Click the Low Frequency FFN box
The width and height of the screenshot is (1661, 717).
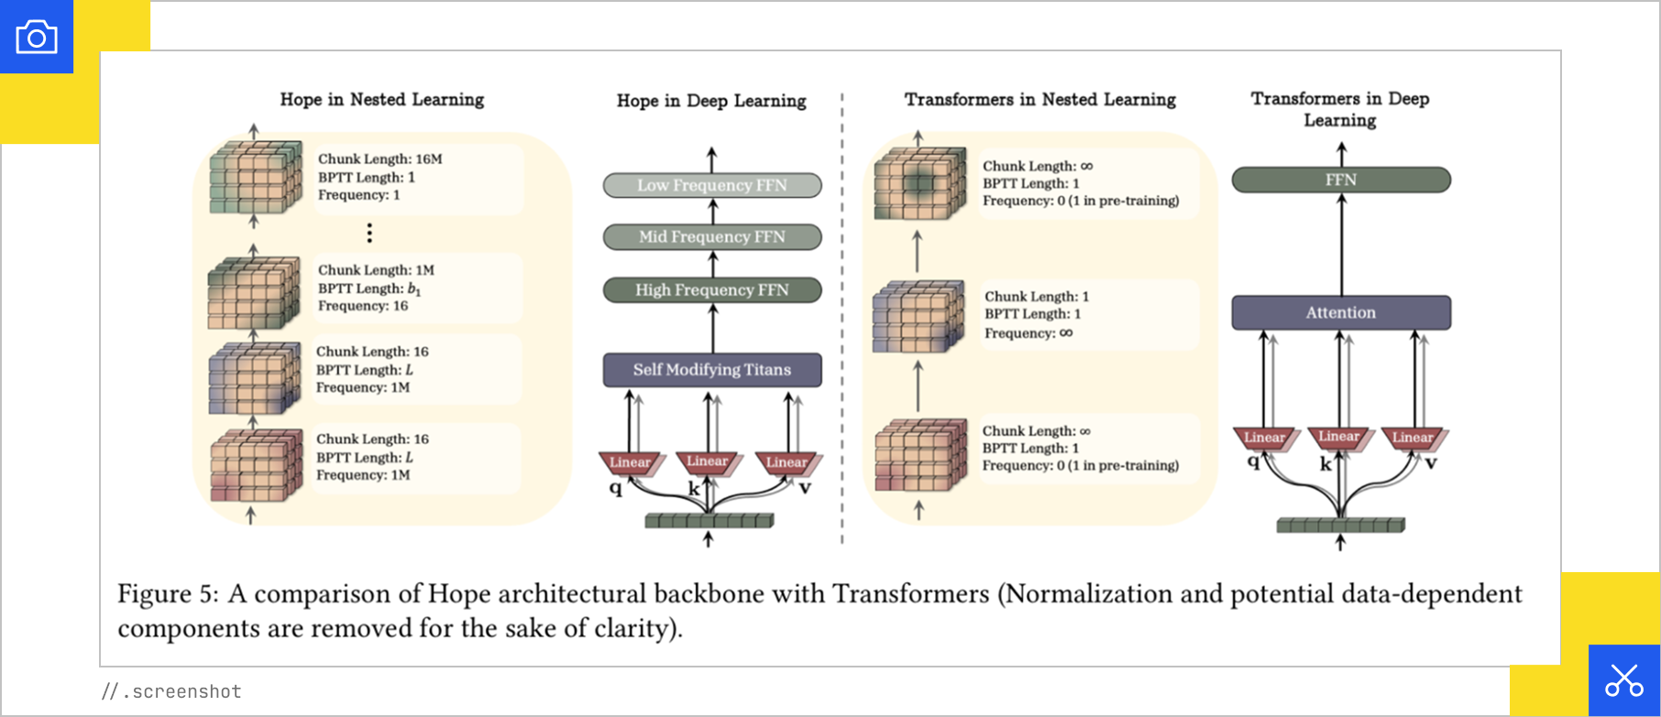(x=711, y=185)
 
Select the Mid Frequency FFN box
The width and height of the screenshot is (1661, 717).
(x=711, y=237)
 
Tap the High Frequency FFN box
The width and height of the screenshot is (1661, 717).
(x=711, y=290)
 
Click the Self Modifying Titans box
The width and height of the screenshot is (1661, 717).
(x=711, y=370)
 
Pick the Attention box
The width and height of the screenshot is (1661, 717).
(x=1340, y=313)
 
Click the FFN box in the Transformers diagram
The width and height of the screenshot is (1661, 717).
(x=1340, y=180)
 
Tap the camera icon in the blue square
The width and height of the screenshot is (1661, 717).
(x=37, y=38)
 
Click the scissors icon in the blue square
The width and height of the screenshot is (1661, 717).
(x=1623, y=680)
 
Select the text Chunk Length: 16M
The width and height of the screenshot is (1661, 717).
(x=379, y=160)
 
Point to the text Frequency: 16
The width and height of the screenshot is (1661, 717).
(x=362, y=306)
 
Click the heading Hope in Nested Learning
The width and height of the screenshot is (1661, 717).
(x=381, y=99)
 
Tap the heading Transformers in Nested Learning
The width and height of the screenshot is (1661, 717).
(x=1039, y=99)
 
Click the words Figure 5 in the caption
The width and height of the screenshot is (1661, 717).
(x=167, y=594)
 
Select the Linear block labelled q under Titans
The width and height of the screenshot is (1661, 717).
(x=630, y=462)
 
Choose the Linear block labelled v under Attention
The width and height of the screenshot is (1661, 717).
(x=1412, y=437)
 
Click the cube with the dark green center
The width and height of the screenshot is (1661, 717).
(x=919, y=183)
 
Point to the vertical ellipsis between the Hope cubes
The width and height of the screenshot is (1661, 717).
(x=369, y=233)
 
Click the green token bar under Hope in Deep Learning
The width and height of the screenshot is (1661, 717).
(x=709, y=521)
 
